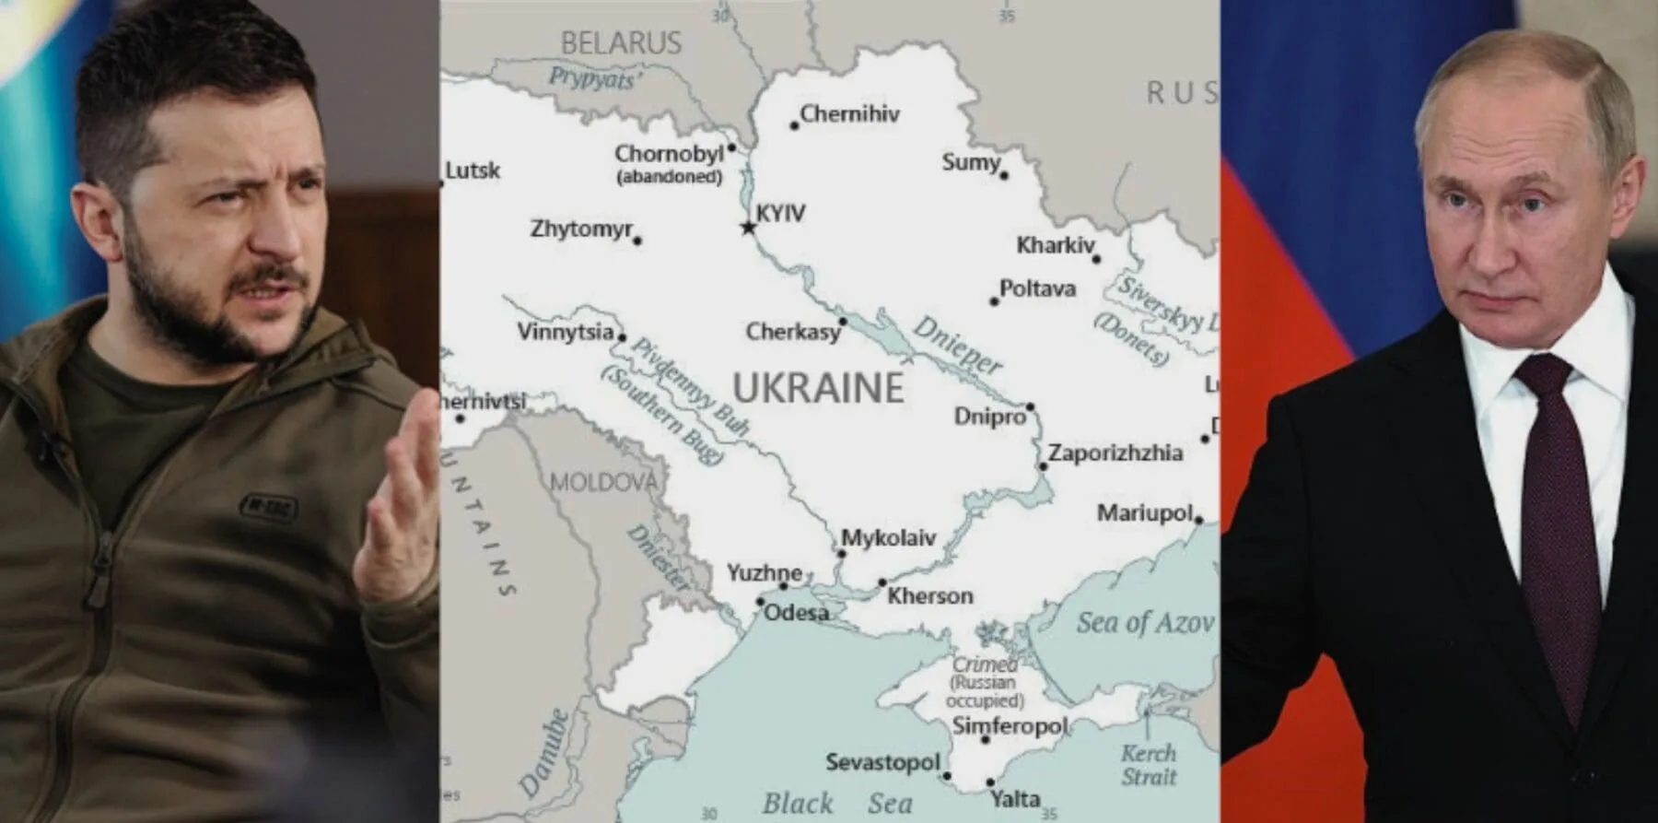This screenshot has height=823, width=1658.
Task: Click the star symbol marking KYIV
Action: pyautogui.click(x=748, y=226)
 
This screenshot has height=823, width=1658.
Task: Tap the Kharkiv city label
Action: pyautogui.click(x=1055, y=245)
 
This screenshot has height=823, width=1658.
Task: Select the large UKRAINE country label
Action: pyautogui.click(x=818, y=388)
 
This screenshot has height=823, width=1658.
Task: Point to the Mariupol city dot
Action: pyautogui.click(x=1198, y=520)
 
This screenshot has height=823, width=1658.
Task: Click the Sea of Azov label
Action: pyautogui.click(x=1144, y=623)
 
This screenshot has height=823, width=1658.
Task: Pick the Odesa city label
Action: pyautogui.click(x=796, y=613)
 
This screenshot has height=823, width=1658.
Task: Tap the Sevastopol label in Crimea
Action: pyautogui.click(x=882, y=762)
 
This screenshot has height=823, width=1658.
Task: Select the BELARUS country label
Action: pyautogui.click(x=621, y=42)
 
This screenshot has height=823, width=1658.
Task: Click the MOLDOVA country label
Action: pyautogui.click(x=603, y=482)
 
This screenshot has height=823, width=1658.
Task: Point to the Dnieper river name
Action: pyautogui.click(x=958, y=344)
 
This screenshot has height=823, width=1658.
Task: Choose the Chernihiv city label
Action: pyautogui.click(x=848, y=114)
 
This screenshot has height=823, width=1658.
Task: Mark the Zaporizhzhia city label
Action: pyautogui.click(x=1115, y=453)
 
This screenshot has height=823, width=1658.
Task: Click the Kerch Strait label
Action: pyautogui.click(x=1149, y=765)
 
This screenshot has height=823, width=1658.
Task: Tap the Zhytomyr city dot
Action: pyautogui.click(x=637, y=241)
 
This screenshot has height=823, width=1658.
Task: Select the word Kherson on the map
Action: pyautogui.click(x=929, y=596)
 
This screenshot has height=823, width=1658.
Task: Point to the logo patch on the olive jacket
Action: pyautogui.click(x=267, y=506)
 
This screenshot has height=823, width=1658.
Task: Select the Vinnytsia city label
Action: pyautogui.click(x=565, y=332)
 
